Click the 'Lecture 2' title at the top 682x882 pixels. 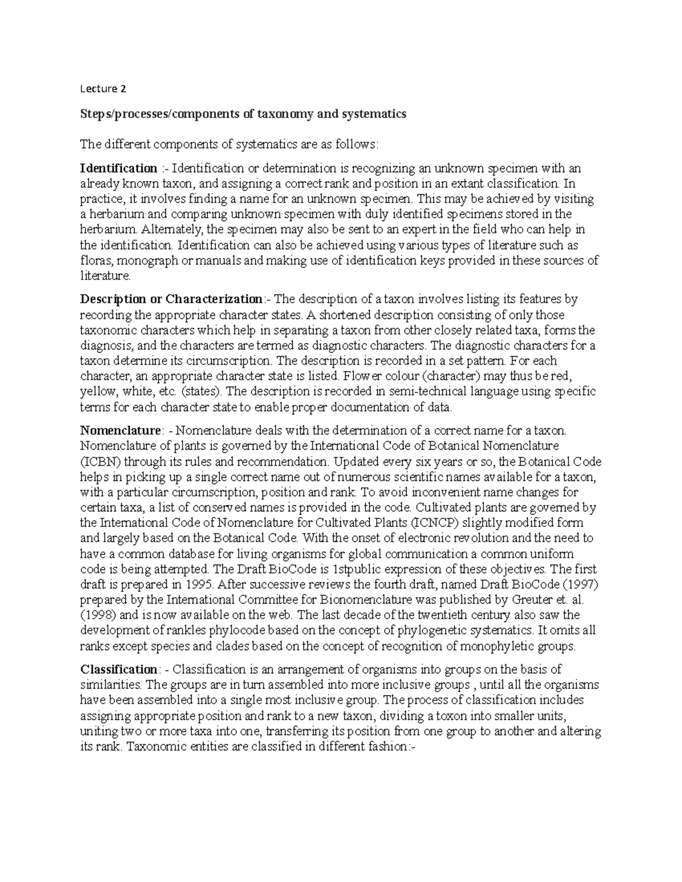pyautogui.click(x=103, y=89)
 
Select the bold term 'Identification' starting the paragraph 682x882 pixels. pyautogui.click(x=119, y=169)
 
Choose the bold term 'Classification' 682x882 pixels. pyautogui.click(x=118, y=670)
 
